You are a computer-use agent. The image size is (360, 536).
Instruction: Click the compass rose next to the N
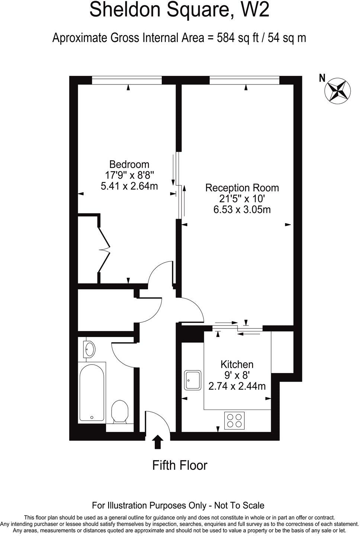[338, 90]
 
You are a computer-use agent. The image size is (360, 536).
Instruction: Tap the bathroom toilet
[120, 411]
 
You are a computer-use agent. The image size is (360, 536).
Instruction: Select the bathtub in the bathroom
[91, 391]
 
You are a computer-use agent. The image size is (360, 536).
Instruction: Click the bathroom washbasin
[89, 349]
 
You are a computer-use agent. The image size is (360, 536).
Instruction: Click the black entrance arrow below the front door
[158, 443]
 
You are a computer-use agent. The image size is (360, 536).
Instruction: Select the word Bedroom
[129, 164]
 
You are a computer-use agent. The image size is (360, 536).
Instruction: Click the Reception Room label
[242, 188]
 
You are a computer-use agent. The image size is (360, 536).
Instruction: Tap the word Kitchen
[237, 364]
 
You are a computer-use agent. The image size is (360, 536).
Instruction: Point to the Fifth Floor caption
[180, 465]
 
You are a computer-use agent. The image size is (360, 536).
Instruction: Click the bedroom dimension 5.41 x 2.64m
[129, 186]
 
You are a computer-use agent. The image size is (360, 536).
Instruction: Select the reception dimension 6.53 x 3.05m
[242, 209]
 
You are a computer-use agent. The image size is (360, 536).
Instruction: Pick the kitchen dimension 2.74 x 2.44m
[237, 386]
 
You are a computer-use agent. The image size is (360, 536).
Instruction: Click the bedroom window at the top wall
[127, 80]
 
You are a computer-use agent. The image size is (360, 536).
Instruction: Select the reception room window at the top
[244, 80]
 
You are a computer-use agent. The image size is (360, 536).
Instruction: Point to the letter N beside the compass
[322, 78]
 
